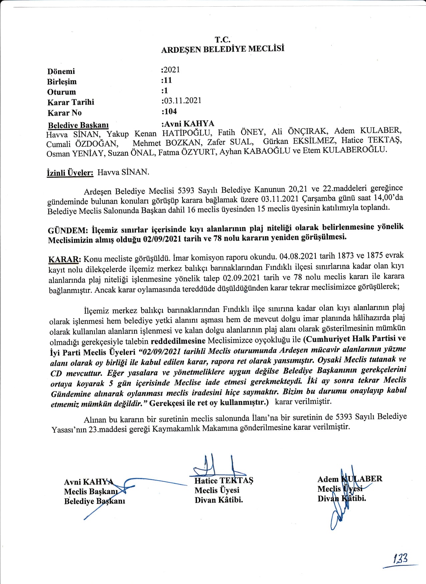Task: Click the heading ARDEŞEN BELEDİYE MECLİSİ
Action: (223, 49)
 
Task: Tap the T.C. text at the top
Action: (222, 40)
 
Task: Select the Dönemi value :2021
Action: (171, 70)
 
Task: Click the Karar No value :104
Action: (169, 111)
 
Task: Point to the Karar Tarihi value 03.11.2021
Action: (182, 101)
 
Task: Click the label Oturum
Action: (61, 92)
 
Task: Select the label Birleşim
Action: (62, 82)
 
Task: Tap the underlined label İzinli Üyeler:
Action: (70, 173)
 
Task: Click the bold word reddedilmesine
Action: (178, 341)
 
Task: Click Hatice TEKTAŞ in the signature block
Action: (224, 480)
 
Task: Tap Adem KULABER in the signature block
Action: (350, 479)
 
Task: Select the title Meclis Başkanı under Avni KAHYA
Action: (91, 492)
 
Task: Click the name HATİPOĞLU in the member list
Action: (187, 133)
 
